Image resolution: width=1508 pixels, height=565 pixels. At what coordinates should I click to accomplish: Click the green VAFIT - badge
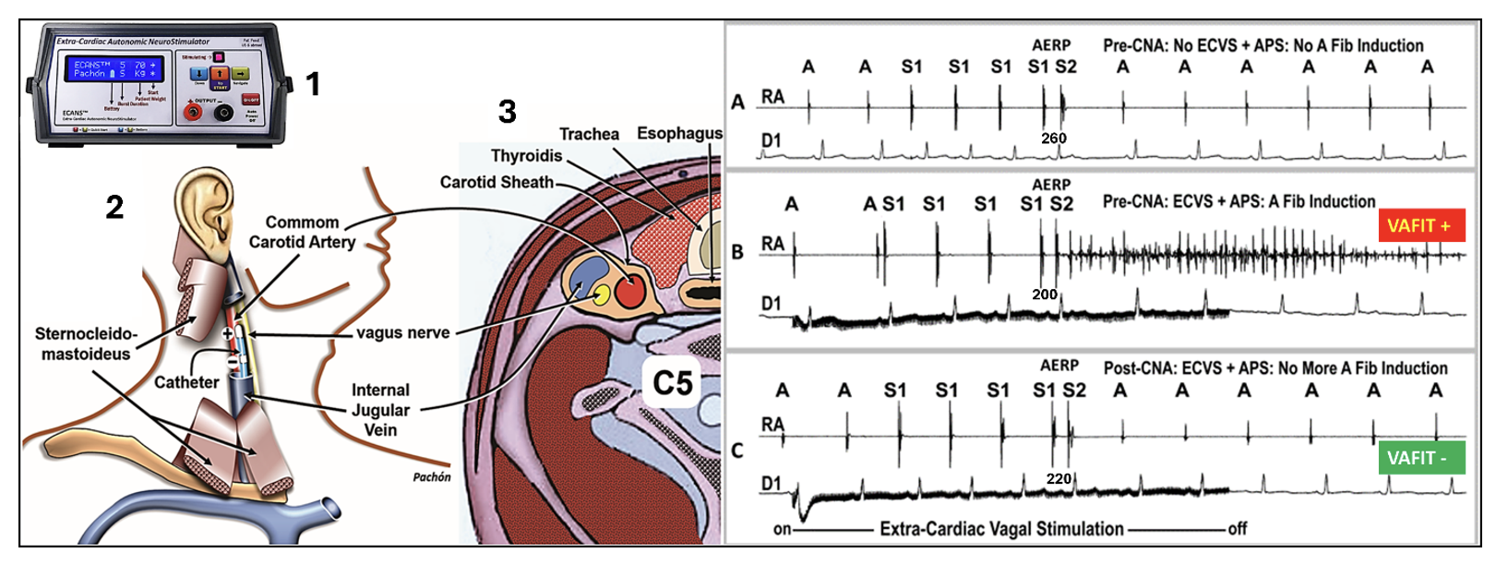point(1421,458)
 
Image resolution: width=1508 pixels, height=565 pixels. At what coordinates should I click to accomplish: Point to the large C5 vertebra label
point(673,382)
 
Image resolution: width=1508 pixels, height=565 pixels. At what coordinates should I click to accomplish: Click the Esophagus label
point(679,134)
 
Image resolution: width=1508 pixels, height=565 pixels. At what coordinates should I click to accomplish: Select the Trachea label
point(589,135)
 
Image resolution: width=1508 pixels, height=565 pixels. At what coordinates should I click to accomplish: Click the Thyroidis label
point(526,156)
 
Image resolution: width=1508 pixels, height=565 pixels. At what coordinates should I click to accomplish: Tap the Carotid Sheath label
point(497,182)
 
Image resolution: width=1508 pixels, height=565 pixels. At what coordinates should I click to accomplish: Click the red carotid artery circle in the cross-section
point(630,292)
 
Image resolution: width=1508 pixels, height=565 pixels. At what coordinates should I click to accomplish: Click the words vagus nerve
point(403,333)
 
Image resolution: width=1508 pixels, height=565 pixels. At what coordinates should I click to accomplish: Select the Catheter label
point(186,382)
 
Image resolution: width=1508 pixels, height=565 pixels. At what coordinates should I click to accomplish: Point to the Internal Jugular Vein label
point(380,410)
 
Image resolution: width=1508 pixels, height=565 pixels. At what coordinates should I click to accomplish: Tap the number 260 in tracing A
point(1053,138)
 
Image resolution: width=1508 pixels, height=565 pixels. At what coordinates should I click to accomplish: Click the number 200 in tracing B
point(1045,295)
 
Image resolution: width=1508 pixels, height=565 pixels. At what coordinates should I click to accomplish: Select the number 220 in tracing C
point(1059,478)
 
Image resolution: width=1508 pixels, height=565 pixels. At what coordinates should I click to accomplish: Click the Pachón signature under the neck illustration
point(432,477)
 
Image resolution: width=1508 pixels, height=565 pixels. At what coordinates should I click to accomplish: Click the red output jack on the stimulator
point(193,113)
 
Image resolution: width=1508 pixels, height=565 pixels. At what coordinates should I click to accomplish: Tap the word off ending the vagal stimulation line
point(1237,529)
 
